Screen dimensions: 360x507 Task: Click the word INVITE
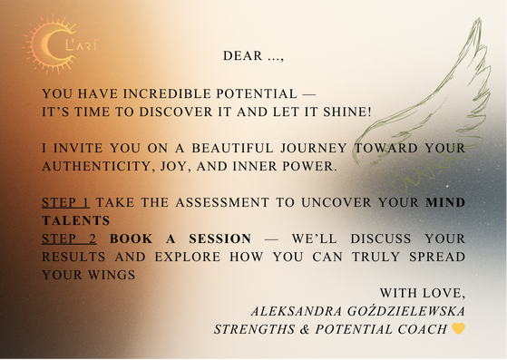click(77, 149)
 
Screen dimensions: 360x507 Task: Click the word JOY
click(180, 167)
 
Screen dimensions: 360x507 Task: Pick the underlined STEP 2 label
click(70, 238)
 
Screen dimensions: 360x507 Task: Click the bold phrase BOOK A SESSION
click(180, 238)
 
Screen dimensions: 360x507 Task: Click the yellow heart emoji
click(459, 328)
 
